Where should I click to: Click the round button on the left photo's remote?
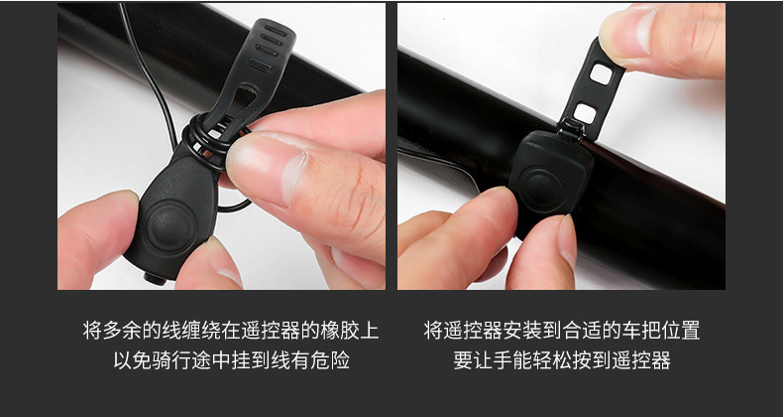tap(170, 227)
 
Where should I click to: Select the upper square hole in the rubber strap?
tap(601, 74)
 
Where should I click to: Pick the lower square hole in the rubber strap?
tap(585, 113)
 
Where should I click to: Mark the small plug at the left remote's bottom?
tap(155, 278)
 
